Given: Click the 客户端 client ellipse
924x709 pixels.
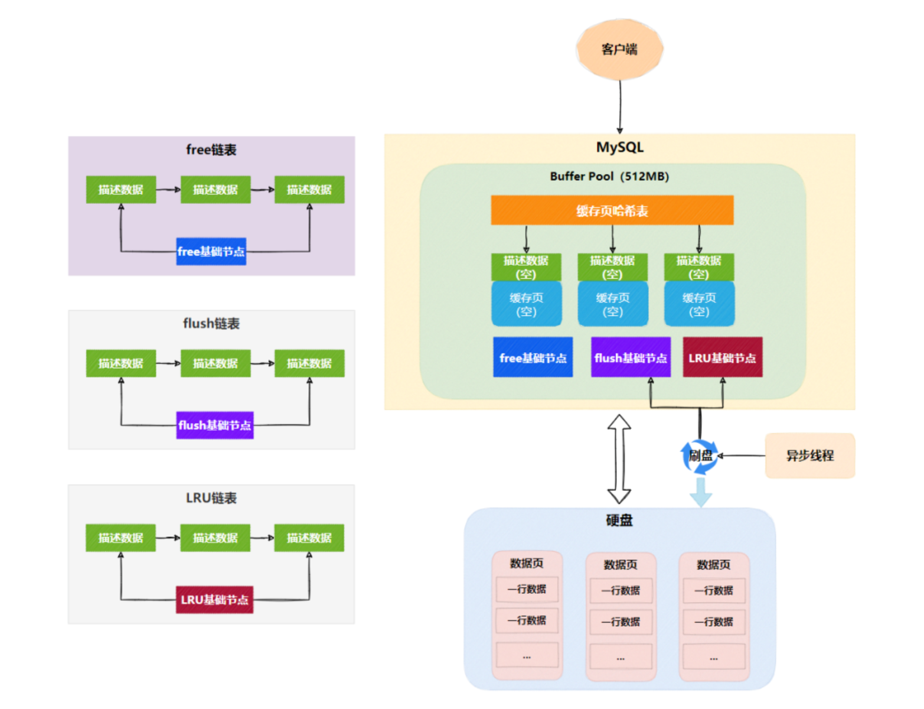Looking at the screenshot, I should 619,49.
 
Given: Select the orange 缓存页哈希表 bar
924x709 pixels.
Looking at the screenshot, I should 612,210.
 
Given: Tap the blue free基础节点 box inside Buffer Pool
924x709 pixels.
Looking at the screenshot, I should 533,357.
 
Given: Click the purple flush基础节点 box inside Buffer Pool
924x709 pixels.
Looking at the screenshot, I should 631,357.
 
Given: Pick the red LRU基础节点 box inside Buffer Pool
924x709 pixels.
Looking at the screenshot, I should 722,357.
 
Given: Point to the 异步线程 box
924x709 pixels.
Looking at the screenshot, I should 809,456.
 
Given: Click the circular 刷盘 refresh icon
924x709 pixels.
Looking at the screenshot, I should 700,456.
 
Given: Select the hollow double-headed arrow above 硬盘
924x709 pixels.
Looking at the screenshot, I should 619,458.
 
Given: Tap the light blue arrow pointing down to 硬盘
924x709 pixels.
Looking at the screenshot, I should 701,492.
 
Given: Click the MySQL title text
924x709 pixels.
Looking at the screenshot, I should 619,147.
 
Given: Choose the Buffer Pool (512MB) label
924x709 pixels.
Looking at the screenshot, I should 609,176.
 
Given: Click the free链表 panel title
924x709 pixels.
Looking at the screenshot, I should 211,149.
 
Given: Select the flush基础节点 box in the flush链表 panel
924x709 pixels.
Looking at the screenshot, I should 215,425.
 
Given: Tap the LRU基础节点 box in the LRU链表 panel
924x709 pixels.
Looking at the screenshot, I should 214,600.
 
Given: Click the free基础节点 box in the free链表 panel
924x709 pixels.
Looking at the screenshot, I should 211,251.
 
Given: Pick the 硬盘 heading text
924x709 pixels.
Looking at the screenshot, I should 619,520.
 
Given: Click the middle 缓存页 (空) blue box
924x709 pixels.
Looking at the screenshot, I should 613,304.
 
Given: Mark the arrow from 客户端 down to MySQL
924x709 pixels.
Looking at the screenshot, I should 620,106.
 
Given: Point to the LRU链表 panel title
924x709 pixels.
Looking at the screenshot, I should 211,498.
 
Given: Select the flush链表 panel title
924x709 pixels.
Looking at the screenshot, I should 211,323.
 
